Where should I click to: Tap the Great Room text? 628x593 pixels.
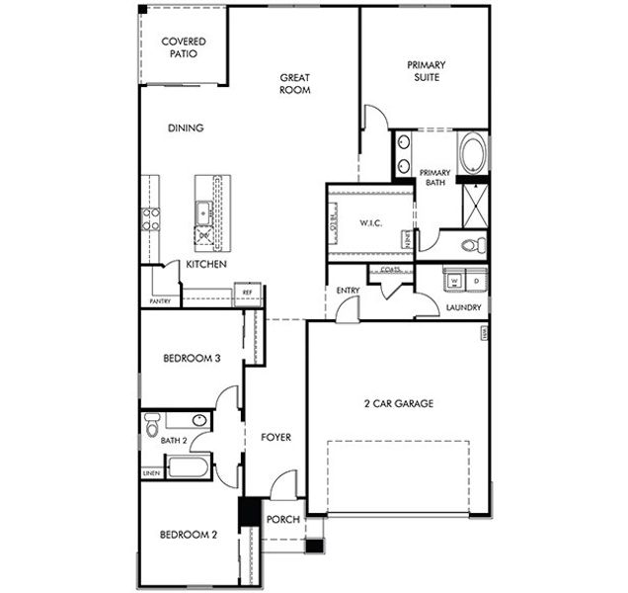tap(295, 83)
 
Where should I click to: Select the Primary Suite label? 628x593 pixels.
tap(426, 70)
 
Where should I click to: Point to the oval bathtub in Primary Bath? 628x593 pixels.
tap(472, 155)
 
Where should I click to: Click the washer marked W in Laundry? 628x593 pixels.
tap(454, 281)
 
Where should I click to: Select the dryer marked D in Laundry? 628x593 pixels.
tap(475, 281)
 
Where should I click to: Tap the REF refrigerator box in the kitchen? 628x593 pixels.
tap(248, 293)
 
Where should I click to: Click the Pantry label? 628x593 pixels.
tap(159, 300)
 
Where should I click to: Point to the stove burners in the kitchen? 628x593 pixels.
tap(150, 218)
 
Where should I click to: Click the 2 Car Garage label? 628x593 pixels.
tap(400, 403)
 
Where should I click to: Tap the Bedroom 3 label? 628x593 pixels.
tap(191, 359)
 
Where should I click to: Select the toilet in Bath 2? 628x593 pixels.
tap(151, 426)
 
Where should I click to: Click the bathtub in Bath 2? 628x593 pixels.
tap(188, 466)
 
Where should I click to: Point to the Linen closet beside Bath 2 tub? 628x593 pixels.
tap(151, 473)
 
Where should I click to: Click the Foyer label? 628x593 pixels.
tap(275, 436)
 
